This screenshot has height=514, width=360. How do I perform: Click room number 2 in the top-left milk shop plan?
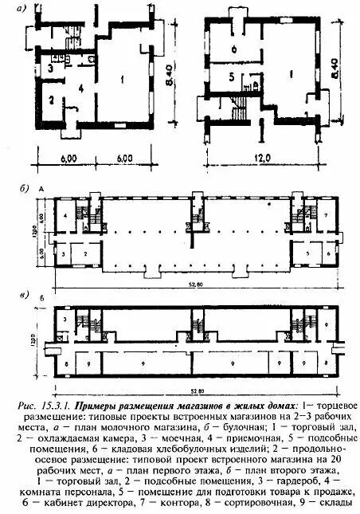click(x=49, y=100)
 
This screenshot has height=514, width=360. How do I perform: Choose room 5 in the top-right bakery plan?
click(x=230, y=77)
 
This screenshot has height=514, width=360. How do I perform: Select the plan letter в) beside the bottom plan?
click(x=26, y=296)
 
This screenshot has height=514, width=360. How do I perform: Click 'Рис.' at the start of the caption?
click(x=27, y=406)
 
